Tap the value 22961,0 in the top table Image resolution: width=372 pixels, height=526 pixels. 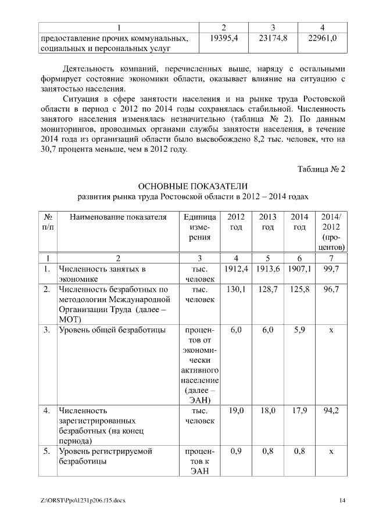(322, 38)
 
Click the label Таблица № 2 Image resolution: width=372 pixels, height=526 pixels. (321, 169)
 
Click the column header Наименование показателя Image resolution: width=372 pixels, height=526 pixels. (118, 217)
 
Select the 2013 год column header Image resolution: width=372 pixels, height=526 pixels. (267, 222)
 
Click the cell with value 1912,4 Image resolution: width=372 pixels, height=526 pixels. (236, 270)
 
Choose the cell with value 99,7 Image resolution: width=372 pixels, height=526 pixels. (331, 270)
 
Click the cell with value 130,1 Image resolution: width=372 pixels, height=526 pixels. (236, 289)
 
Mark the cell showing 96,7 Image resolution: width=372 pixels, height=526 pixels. (331, 289)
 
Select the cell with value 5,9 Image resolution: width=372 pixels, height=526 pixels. (299, 330)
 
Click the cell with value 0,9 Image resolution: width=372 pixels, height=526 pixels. (236, 451)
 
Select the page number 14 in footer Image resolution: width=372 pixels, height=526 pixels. (342, 500)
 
